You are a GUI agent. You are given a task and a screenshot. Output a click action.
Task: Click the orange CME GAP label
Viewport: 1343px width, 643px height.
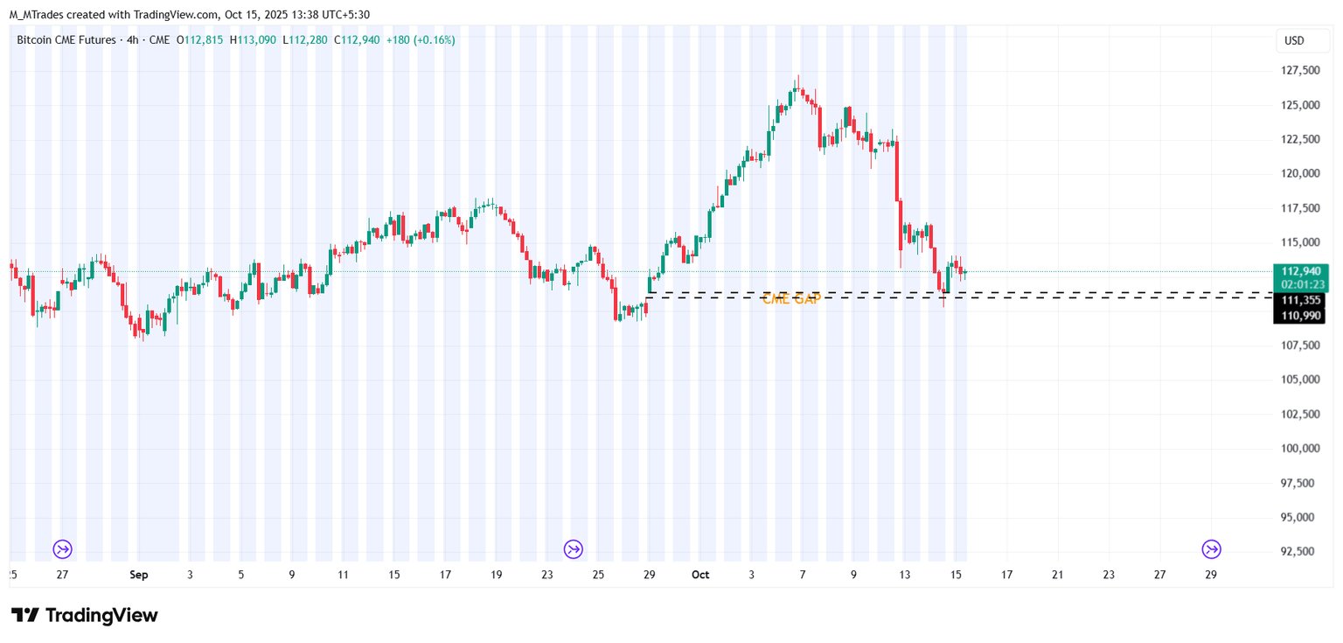[x=791, y=299]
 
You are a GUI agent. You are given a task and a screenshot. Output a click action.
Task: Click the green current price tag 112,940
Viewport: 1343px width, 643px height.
[x=1301, y=271]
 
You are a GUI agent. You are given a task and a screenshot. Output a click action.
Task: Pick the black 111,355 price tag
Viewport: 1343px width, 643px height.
[x=1301, y=300]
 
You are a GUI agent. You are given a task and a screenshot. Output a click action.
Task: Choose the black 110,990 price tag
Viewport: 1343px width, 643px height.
[x=1301, y=315]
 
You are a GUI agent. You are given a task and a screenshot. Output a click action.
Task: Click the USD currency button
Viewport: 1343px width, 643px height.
[x=1294, y=40]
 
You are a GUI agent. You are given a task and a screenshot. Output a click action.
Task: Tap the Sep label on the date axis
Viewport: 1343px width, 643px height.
[x=139, y=575]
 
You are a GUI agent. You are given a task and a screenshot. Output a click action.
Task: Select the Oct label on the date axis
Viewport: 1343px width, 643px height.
[x=699, y=575]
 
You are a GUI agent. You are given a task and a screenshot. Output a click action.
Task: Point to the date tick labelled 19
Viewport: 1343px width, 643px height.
[x=496, y=575]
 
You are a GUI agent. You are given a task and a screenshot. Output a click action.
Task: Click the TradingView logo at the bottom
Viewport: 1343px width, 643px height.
[x=85, y=615]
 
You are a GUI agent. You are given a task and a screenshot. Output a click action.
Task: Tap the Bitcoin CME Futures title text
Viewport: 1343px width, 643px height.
[x=66, y=39]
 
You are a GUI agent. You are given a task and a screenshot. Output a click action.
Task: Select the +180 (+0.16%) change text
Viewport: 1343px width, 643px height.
[x=421, y=39]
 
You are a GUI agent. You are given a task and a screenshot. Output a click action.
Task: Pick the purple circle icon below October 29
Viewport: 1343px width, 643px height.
[x=1211, y=549]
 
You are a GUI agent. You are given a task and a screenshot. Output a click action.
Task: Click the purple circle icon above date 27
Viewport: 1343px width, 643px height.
[x=62, y=549]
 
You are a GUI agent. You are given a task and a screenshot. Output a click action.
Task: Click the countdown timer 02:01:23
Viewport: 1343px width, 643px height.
[x=1301, y=284]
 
